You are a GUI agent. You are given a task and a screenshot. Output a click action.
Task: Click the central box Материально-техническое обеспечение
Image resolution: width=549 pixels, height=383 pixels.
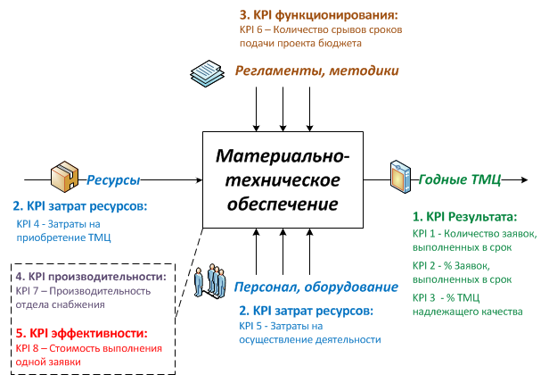click(x=283, y=179)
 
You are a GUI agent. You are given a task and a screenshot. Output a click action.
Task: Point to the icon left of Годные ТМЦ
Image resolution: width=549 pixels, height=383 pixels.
click(x=399, y=175)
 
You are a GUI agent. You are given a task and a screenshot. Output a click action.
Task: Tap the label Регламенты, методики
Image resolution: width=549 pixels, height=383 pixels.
click(x=316, y=71)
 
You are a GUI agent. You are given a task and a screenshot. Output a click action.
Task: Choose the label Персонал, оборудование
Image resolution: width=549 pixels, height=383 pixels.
click(x=316, y=287)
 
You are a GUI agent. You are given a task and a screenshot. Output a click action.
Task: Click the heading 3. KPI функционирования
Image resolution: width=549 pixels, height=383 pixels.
click(x=318, y=15)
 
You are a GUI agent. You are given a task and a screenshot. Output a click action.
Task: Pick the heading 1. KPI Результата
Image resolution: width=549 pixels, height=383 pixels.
click(x=464, y=217)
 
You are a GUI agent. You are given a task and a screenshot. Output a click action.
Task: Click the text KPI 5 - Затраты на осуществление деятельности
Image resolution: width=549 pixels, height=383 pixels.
click(x=309, y=333)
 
